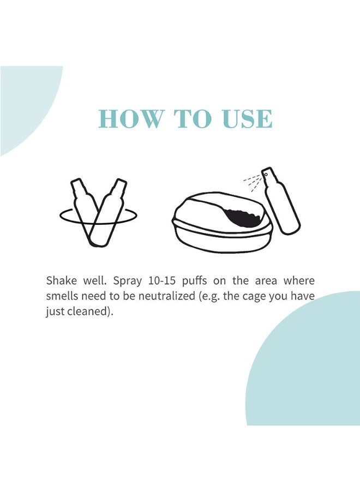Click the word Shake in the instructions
tap(61, 281)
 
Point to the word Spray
tap(128, 281)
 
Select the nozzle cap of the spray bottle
tap(267, 174)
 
